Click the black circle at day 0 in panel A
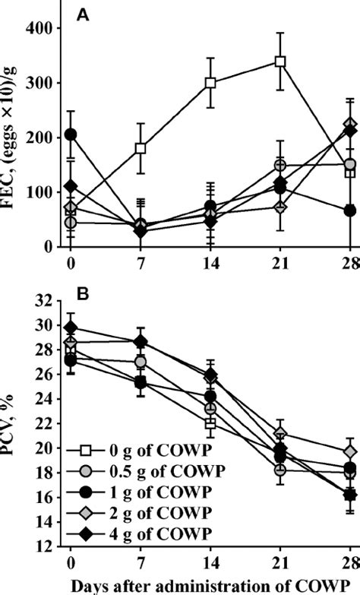71,135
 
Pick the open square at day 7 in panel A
141,148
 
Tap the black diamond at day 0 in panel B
71,328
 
